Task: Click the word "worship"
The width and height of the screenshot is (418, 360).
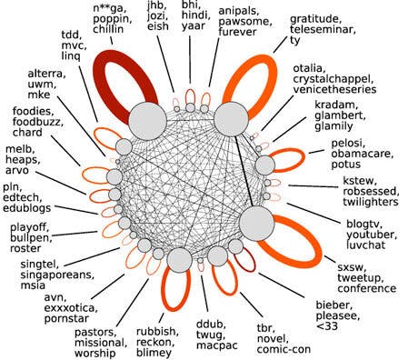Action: [x=100, y=350]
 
